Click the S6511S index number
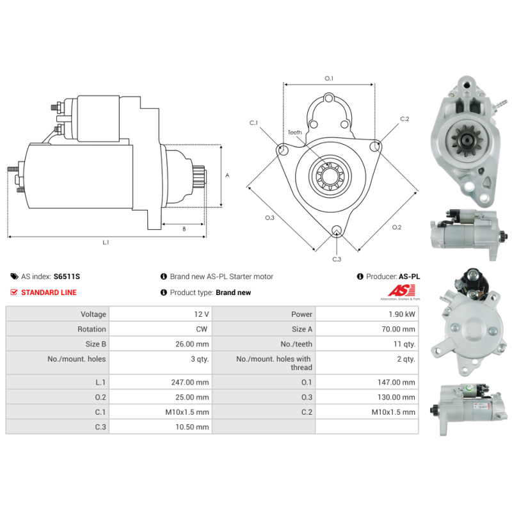pos(67,276)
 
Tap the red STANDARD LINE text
pos(49,292)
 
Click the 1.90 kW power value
pos(402,314)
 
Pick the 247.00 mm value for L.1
pos(190,382)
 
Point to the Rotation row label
pos(92,329)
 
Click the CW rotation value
pos(202,329)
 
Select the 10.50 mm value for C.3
pos(192,427)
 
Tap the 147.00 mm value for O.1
pos(396,382)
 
